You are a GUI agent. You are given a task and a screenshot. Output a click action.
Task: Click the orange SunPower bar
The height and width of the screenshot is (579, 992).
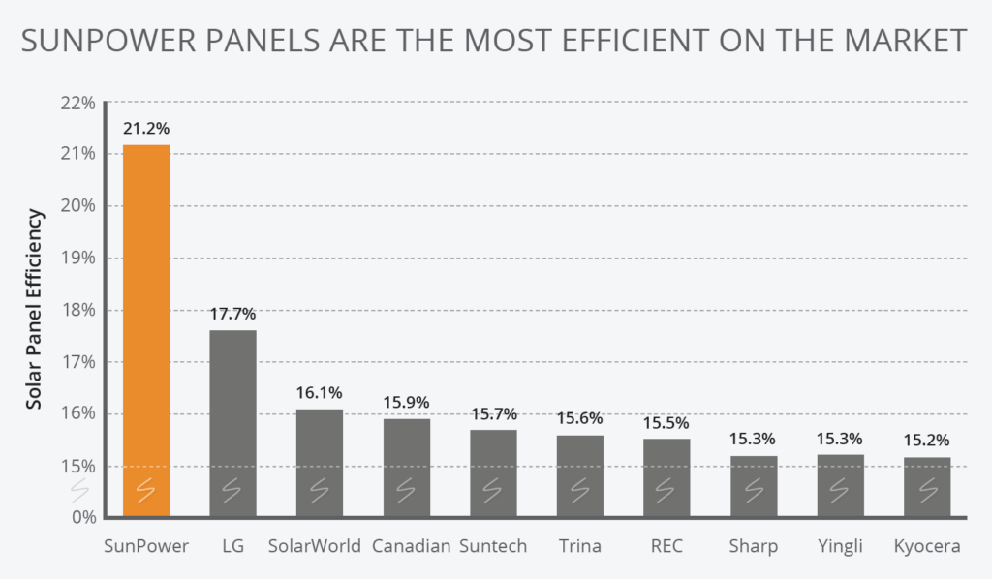pyautogui.click(x=146, y=329)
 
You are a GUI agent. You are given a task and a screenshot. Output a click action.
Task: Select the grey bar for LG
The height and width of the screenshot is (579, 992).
pyautogui.click(x=232, y=421)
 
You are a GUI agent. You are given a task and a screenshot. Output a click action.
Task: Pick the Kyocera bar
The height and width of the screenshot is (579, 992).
pyautogui.click(x=927, y=484)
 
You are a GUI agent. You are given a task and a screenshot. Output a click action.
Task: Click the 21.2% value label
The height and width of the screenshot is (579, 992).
pyautogui.click(x=146, y=127)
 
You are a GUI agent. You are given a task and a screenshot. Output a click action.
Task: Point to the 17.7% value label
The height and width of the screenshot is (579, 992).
pyautogui.click(x=232, y=314)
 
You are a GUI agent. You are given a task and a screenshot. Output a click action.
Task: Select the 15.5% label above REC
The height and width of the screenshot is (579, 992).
pyautogui.click(x=666, y=422)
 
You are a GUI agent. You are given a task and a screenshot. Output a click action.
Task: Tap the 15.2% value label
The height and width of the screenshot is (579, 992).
pyautogui.click(x=927, y=441)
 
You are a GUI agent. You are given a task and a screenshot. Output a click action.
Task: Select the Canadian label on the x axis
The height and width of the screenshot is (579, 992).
pyautogui.click(x=411, y=546)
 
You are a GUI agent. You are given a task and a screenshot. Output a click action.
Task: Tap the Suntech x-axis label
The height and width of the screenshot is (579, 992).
pyautogui.click(x=493, y=546)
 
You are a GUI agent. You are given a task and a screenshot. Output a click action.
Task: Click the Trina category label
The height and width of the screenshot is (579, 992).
pyautogui.click(x=579, y=546)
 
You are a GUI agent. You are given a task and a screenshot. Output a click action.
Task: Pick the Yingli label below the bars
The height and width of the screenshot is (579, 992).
pyautogui.click(x=840, y=546)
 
